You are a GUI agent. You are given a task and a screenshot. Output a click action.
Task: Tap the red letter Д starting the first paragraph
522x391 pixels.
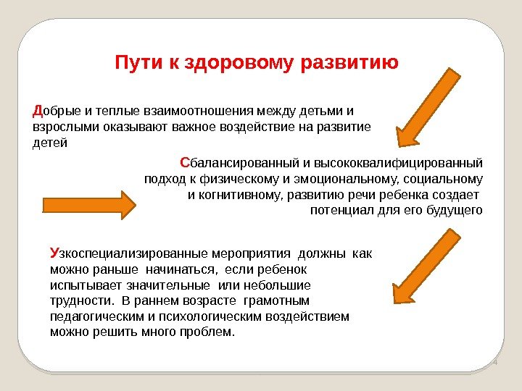click(x=38, y=112)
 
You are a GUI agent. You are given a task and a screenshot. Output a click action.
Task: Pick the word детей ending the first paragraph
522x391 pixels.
click(x=50, y=143)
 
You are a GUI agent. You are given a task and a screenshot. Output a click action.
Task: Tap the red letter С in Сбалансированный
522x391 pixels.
click(x=184, y=161)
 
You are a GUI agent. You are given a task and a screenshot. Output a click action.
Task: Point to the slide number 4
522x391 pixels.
click(x=495, y=362)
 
